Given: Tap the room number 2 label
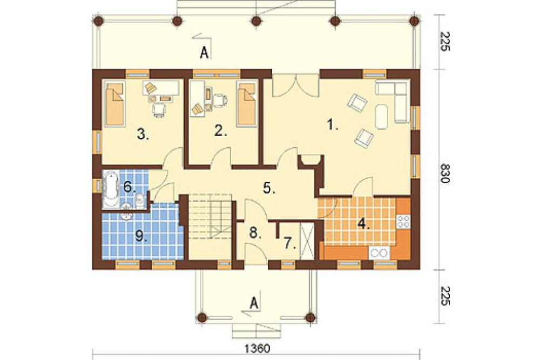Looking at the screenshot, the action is pyautogui.click(x=220, y=131).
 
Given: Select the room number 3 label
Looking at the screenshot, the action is pyautogui.click(x=143, y=134).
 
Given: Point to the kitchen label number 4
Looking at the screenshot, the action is pyautogui.click(x=363, y=224).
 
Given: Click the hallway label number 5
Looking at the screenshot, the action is pyautogui.click(x=269, y=188).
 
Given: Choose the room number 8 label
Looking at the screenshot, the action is pyautogui.click(x=255, y=233).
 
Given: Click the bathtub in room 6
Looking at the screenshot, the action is pyautogui.click(x=111, y=189).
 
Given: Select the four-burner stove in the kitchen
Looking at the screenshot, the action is pyautogui.click(x=403, y=221).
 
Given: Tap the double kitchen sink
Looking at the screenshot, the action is pyautogui.click(x=379, y=252).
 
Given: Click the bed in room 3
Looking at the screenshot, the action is pyautogui.click(x=114, y=104).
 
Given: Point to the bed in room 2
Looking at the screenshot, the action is pyautogui.click(x=246, y=103).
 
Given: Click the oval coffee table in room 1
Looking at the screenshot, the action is pyautogui.click(x=382, y=117).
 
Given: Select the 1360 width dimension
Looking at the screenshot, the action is pyautogui.click(x=258, y=348).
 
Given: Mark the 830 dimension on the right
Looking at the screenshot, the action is pyautogui.click(x=445, y=173).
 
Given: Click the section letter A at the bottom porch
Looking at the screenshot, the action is pyautogui.click(x=254, y=303).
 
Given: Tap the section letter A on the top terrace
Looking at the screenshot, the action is pyautogui.click(x=205, y=52).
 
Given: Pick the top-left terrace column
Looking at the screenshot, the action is pyautogui.click(x=98, y=21).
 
